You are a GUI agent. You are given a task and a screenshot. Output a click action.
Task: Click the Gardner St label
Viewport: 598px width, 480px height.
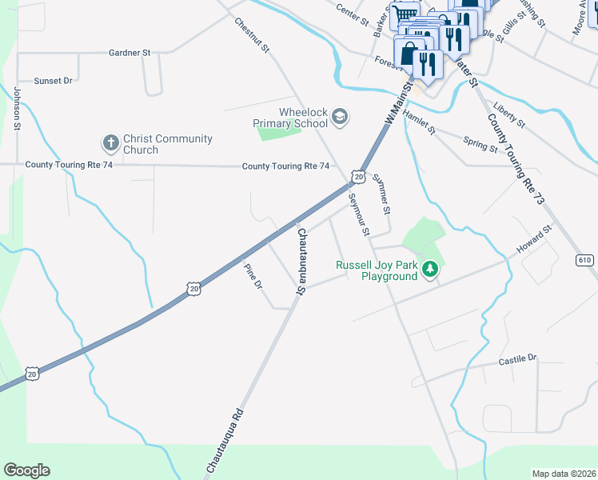130,52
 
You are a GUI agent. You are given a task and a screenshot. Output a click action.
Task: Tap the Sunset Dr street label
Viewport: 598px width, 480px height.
53,81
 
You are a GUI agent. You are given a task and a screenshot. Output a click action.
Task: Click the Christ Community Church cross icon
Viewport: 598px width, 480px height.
110,144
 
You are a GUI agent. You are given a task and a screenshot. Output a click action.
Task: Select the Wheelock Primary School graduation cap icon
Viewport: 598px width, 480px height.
340,118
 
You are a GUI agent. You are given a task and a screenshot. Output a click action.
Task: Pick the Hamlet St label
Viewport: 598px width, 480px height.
419,122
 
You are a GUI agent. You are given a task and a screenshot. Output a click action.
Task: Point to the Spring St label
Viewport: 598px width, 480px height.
480,144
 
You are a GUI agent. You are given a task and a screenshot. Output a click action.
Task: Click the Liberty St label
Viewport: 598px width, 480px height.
509,115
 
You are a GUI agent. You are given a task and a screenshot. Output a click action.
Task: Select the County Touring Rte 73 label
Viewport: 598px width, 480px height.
515,158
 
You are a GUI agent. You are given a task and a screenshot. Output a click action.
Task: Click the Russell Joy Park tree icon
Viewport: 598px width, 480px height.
431,270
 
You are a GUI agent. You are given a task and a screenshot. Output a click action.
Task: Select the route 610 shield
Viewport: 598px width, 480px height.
584,260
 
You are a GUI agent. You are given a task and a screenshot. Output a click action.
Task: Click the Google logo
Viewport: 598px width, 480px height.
26,470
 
